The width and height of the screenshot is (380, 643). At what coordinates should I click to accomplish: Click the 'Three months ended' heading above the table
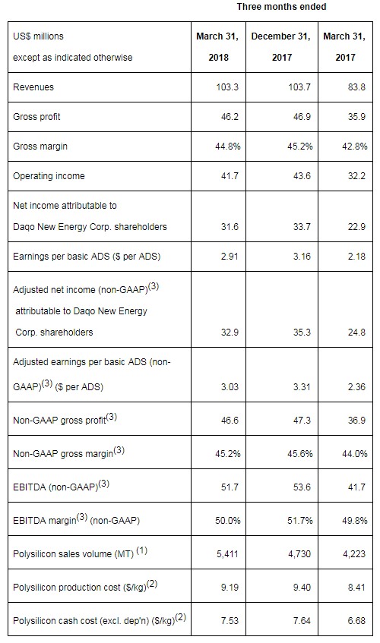click(281, 7)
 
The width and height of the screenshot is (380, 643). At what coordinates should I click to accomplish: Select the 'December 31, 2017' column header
click(281, 47)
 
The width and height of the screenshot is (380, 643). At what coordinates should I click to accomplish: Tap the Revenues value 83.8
click(356, 87)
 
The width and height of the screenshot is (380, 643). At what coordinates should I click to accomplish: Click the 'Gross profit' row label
click(36, 117)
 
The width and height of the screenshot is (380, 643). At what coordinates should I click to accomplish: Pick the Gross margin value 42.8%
click(355, 147)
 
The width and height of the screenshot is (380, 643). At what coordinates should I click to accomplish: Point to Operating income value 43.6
click(302, 176)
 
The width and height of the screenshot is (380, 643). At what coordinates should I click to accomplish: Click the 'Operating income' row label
click(49, 176)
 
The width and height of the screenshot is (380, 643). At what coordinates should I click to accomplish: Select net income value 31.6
click(230, 227)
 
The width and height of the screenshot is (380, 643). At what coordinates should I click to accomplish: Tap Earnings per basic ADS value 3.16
click(302, 257)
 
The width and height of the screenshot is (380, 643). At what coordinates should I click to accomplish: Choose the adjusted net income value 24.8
click(356, 333)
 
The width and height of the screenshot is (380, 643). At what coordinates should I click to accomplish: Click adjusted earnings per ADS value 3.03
click(230, 386)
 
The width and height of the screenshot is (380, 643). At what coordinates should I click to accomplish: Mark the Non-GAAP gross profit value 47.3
click(302, 421)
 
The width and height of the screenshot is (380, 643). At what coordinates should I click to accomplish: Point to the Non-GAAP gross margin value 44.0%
click(355, 453)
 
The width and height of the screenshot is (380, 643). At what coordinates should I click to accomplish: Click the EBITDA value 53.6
click(302, 487)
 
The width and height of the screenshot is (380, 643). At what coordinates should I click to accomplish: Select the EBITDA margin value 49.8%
click(355, 520)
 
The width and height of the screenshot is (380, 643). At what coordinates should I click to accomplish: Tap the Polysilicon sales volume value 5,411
click(228, 554)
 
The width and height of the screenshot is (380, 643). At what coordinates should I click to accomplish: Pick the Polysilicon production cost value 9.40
click(302, 588)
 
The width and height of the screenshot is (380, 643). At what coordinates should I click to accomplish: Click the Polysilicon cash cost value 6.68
click(356, 621)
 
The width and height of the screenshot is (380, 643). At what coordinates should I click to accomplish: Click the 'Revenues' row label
click(33, 87)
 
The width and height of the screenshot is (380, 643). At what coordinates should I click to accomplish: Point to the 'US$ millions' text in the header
click(38, 36)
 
